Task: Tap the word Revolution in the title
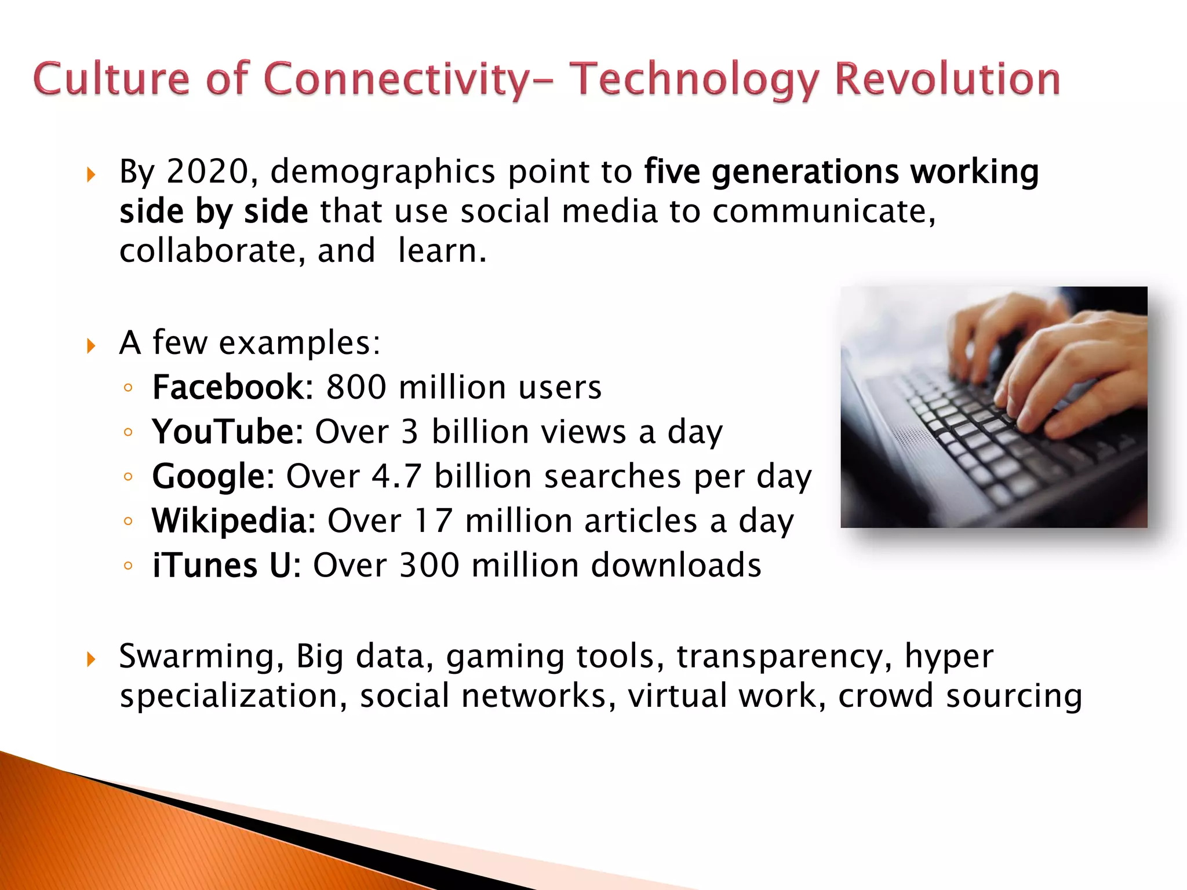(948, 79)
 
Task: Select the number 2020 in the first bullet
(207, 172)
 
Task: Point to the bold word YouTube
(228, 432)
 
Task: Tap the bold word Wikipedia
(234, 520)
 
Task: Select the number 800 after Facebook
(356, 387)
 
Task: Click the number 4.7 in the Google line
(396, 476)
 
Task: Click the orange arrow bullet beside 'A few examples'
(91, 346)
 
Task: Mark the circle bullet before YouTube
(128, 432)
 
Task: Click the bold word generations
(805, 173)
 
